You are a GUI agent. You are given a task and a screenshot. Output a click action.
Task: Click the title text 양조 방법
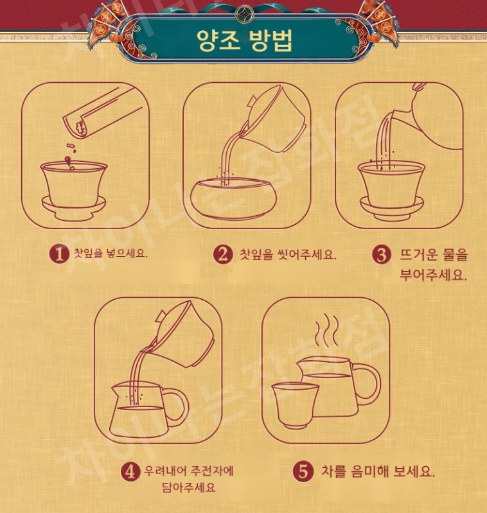click(x=244, y=40)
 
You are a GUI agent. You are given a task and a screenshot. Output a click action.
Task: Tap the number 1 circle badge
click(x=59, y=254)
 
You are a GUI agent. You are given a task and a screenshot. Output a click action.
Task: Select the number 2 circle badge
click(x=222, y=254)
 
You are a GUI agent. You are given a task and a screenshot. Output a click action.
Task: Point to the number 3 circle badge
click(x=382, y=254)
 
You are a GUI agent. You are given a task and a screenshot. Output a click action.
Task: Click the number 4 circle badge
click(x=130, y=472)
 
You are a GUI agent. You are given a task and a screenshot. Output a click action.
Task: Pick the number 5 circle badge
click(x=303, y=471)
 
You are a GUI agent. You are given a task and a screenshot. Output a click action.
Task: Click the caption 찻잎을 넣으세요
click(x=111, y=253)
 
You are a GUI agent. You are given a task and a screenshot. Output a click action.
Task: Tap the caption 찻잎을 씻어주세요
click(x=288, y=254)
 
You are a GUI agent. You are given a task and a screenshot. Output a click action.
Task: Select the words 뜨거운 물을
click(x=433, y=254)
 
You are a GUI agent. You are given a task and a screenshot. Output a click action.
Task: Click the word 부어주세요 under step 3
click(x=432, y=275)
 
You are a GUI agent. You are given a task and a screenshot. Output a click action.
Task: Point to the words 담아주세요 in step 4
click(x=189, y=487)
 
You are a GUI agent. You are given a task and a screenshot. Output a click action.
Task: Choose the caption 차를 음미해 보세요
click(x=378, y=471)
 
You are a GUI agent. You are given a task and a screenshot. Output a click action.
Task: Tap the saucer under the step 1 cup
click(x=74, y=208)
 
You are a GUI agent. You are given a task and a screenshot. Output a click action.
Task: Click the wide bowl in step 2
click(x=234, y=198)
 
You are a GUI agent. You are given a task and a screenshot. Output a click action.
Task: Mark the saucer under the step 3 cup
click(x=392, y=208)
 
